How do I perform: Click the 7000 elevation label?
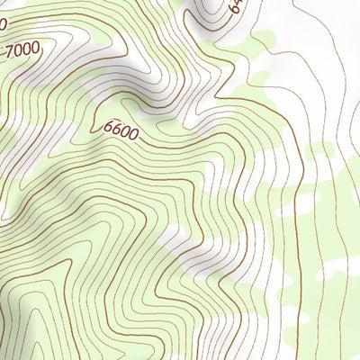[x=22, y=50]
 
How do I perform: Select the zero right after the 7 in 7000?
[x=18, y=49]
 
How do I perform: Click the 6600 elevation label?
[x=121, y=131]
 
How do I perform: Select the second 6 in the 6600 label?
[x=116, y=130]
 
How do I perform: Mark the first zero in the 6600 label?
[x=125, y=133]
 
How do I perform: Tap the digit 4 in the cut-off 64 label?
[x=239, y=3]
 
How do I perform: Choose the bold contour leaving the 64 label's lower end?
[x=225, y=22]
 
